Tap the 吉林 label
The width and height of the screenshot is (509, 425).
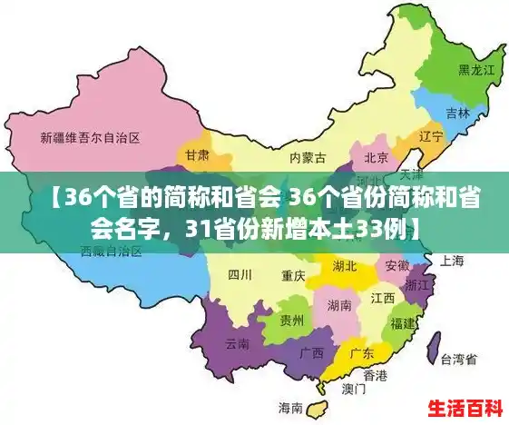(x=458, y=114)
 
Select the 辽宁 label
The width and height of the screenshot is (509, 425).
(x=431, y=136)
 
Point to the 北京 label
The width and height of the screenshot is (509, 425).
(x=377, y=157)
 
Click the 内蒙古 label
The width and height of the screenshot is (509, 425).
(x=308, y=157)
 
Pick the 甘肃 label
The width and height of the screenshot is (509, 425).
(x=197, y=155)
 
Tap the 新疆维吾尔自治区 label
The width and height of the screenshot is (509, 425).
(x=90, y=139)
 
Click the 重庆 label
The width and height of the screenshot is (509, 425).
(x=293, y=274)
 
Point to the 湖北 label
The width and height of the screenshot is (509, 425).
(x=345, y=266)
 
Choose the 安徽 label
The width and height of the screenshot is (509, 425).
(x=397, y=265)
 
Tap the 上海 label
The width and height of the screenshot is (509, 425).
(x=452, y=261)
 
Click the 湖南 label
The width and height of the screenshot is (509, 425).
(x=339, y=304)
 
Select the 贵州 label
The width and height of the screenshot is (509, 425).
(x=292, y=320)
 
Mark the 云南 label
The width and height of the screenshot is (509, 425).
(x=237, y=343)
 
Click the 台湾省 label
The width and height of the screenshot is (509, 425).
(x=458, y=359)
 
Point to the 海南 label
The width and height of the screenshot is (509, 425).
(x=290, y=406)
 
